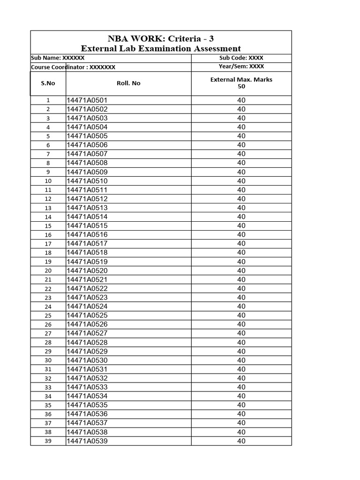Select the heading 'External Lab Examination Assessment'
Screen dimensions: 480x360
(161, 48)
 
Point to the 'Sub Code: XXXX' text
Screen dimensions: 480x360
(241, 58)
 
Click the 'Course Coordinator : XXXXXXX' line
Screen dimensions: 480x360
(73, 67)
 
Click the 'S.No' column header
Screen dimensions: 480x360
(48, 83)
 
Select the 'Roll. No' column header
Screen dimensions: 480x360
(128, 83)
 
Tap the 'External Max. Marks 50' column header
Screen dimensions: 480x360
(241, 83)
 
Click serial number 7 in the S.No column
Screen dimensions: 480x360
(48, 154)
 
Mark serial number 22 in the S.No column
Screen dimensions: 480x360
(48, 289)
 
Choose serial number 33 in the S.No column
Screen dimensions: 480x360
(48, 388)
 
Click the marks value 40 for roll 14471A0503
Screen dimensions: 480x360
(241, 118)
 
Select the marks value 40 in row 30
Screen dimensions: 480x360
(241, 360)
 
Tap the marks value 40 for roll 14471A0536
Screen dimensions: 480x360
(241, 414)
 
